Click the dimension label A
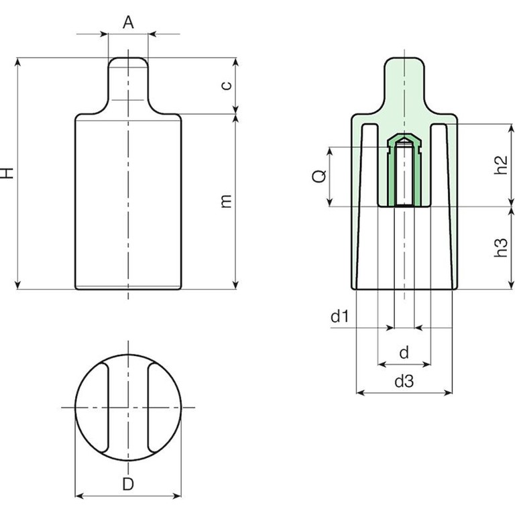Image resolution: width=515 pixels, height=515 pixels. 128,23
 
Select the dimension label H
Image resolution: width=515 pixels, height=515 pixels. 7,173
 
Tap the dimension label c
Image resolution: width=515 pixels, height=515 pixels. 227,85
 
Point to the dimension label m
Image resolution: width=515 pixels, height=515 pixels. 226,201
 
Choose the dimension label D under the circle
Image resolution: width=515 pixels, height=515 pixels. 128,484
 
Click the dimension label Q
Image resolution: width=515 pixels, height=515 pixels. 319,176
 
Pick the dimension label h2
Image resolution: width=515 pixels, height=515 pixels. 501,165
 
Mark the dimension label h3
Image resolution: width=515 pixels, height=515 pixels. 501,247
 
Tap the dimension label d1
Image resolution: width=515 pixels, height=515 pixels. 339,317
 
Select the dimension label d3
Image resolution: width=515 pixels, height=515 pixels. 404,382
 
